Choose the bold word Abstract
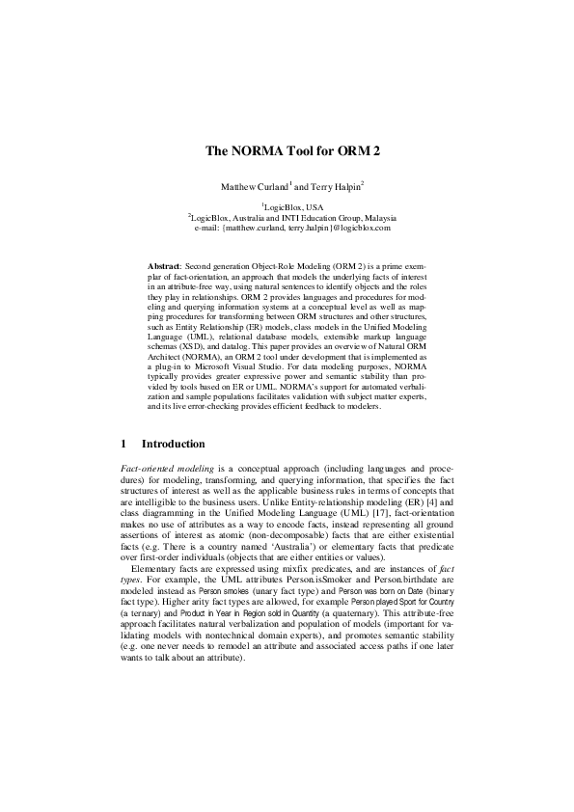coord(164,263)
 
